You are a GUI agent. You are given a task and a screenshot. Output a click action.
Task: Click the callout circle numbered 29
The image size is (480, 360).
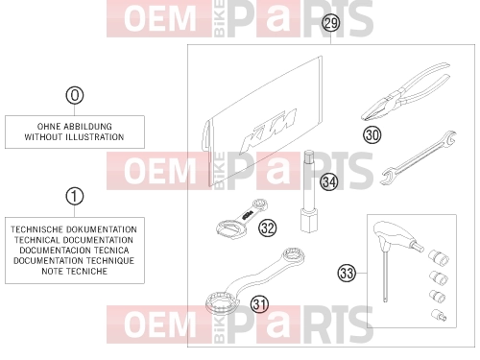coord(331,23)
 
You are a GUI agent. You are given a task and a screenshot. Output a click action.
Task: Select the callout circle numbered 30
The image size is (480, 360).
coord(372,134)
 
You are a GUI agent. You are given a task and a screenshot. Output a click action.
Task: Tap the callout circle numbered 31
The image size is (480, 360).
coord(259,304)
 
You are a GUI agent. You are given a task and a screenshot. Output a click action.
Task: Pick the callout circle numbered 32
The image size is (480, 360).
coord(268,228)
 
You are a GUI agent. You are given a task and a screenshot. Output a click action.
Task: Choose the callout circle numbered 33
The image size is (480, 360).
coord(347,273)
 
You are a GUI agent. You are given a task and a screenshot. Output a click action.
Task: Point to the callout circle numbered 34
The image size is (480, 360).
coord(329,181)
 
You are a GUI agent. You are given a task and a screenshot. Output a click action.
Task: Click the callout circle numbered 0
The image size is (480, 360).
coord(75,95)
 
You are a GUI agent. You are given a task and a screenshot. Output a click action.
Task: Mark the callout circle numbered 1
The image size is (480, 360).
coord(75,196)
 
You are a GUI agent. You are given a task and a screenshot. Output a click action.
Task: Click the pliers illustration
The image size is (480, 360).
coord(406,91)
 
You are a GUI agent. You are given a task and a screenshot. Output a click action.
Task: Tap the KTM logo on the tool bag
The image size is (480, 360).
coord(268,132)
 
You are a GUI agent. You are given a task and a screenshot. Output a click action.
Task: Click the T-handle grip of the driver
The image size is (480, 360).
coord(391,234)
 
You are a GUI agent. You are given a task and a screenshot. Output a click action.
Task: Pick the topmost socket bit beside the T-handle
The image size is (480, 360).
coord(439,257)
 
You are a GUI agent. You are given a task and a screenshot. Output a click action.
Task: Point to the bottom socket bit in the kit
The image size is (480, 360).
coord(439,315)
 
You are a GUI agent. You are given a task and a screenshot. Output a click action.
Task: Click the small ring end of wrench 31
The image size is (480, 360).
coord(292,255)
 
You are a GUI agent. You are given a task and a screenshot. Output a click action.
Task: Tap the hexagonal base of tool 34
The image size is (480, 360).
coord(309,220)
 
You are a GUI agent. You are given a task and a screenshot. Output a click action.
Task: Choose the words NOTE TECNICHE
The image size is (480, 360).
coord(74,272)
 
